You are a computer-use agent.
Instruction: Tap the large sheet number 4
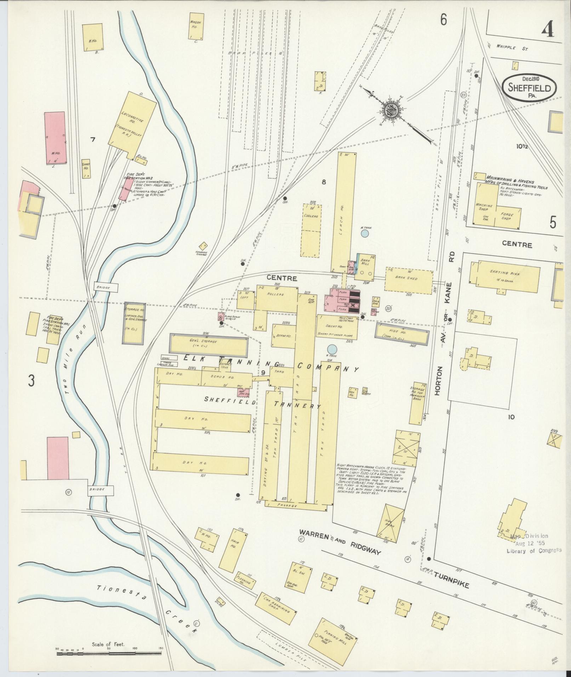(547, 28)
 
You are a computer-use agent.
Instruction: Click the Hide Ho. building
(401, 334)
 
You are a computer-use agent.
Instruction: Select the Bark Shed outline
(409, 279)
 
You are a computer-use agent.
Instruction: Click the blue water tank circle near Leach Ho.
(365, 233)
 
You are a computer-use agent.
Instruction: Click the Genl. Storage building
(209, 343)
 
